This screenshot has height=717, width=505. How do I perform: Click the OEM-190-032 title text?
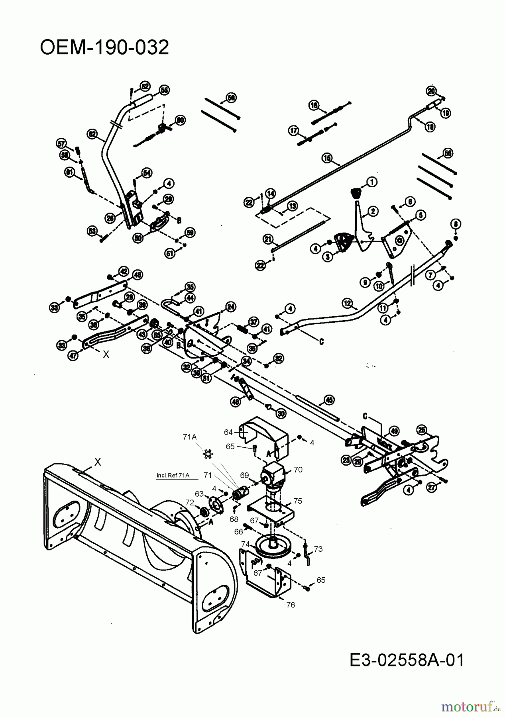(x=104, y=48)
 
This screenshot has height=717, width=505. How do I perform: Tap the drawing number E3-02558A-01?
(x=407, y=660)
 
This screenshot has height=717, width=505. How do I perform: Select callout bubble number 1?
(x=372, y=182)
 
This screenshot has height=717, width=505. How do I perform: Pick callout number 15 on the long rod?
(x=327, y=158)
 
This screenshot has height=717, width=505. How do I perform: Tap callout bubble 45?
(x=329, y=400)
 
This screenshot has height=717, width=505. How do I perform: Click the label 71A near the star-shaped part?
(x=190, y=437)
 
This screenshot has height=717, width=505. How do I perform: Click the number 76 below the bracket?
(x=291, y=605)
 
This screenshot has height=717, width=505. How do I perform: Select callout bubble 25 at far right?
(x=421, y=430)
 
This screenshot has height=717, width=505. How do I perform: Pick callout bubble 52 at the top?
(x=144, y=86)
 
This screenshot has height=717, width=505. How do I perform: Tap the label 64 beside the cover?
(x=228, y=432)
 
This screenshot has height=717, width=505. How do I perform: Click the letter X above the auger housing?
(x=98, y=462)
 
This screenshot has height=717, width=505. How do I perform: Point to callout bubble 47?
(x=73, y=356)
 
